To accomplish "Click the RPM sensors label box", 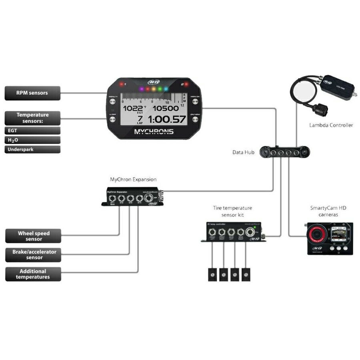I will (x=32, y=93).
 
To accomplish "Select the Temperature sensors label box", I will (x=32, y=118).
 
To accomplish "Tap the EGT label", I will (x=32, y=130).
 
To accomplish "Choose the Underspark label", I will (x=32, y=150).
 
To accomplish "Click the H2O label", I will (x=32, y=140).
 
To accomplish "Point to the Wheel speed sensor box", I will (x=33, y=236).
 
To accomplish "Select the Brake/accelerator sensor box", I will (x=33, y=255).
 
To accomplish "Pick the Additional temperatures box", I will (x=33, y=274).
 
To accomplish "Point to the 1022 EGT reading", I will (x=132, y=108).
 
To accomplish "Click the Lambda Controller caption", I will (x=331, y=125).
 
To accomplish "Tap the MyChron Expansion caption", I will (x=133, y=180).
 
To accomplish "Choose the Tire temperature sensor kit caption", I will (x=232, y=211).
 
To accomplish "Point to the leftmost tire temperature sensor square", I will (x=212, y=274).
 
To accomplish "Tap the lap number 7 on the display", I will (x=140, y=118).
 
